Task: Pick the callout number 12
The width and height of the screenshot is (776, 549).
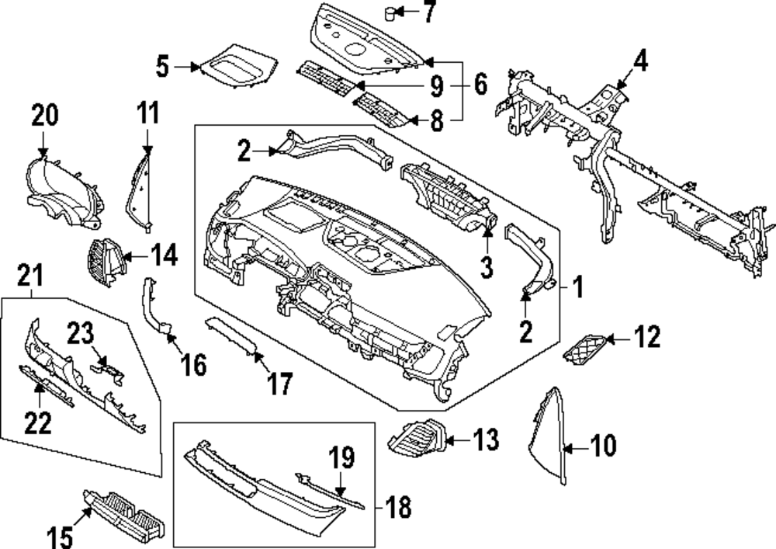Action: [646, 338]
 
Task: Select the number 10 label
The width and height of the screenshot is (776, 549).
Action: [603, 446]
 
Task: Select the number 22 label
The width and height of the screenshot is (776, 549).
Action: [38, 422]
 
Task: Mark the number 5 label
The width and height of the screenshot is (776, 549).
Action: [161, 67]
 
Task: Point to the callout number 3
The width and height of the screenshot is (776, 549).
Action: [487, 268]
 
